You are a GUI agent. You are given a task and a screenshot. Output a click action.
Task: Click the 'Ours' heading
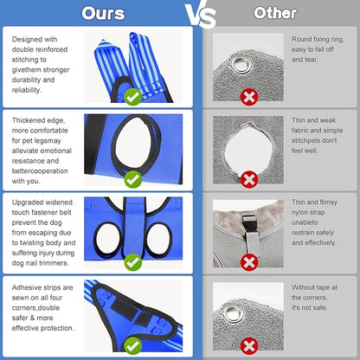(103, 13)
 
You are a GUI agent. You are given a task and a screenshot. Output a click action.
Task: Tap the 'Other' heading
(275, 13)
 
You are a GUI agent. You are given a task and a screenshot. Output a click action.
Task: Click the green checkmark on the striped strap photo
(133, 97)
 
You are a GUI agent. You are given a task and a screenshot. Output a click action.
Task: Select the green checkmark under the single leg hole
(133, 179)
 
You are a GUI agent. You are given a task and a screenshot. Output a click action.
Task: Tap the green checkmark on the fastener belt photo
(133, 262)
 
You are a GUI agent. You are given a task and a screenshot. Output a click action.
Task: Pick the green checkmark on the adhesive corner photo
(133, 345)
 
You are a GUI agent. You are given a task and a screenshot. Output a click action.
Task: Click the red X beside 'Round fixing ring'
(249, 97)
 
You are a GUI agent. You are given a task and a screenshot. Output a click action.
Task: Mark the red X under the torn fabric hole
(249, 179)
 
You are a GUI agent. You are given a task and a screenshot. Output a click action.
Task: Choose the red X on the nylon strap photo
(249, 262)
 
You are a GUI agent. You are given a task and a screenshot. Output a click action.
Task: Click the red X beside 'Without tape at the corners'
(249, 345)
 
